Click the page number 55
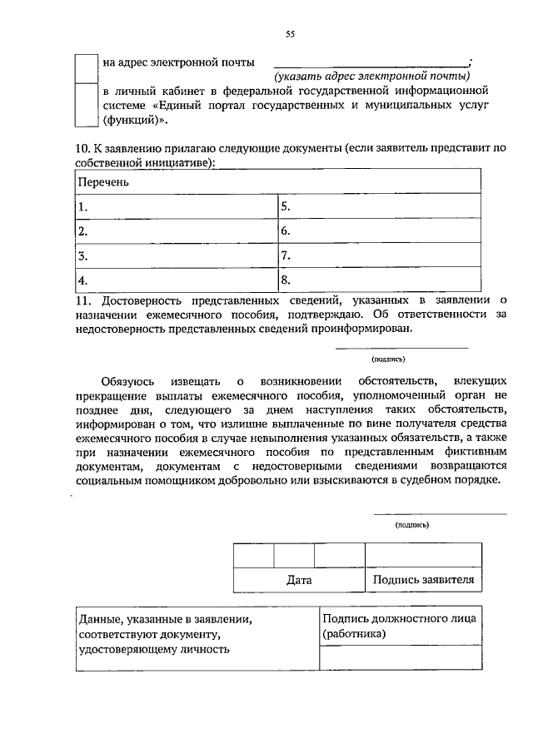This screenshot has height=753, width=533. click(x=290, y=34)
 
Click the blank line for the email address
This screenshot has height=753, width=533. click(x=371, y=63)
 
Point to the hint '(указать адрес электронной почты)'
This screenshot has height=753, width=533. click(x=372, y=77)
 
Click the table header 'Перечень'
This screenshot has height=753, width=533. click(x=103, y=181)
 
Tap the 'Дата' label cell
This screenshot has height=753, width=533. click(x=299, y=580)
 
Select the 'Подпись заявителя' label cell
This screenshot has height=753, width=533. click(x=423, y=580)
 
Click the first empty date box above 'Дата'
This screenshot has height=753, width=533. click(x=253, y=555)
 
